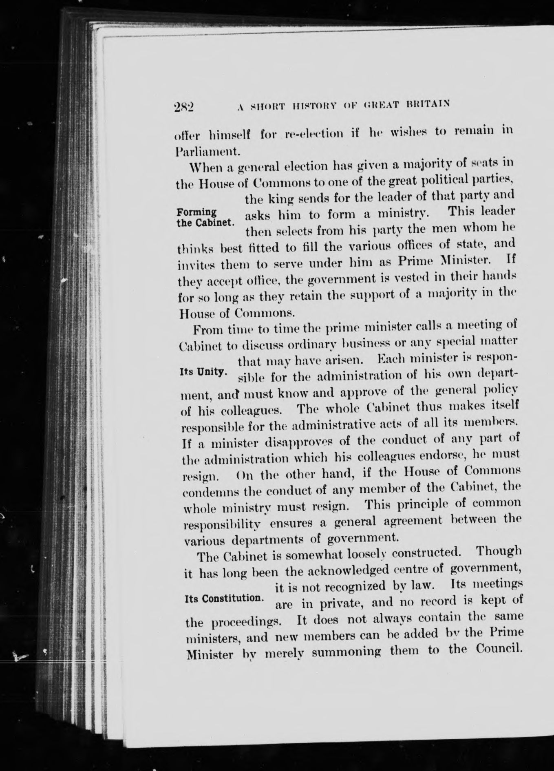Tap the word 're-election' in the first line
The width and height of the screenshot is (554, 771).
coord(313,133)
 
